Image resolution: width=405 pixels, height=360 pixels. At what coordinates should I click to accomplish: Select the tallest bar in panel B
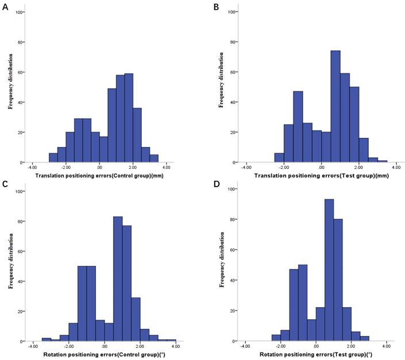(x=335, y=106)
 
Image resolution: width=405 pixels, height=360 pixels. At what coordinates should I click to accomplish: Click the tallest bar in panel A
(x=129, y=118)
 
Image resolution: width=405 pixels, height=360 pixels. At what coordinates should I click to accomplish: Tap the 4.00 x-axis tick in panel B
(x=387, y=168)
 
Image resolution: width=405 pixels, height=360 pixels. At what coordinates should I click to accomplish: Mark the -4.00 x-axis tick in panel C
(x=33, y=347)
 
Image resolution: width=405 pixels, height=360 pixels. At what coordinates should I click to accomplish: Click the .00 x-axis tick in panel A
(x=100, y=168)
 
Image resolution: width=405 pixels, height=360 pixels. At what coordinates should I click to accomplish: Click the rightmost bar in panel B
(x=382, y=161)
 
